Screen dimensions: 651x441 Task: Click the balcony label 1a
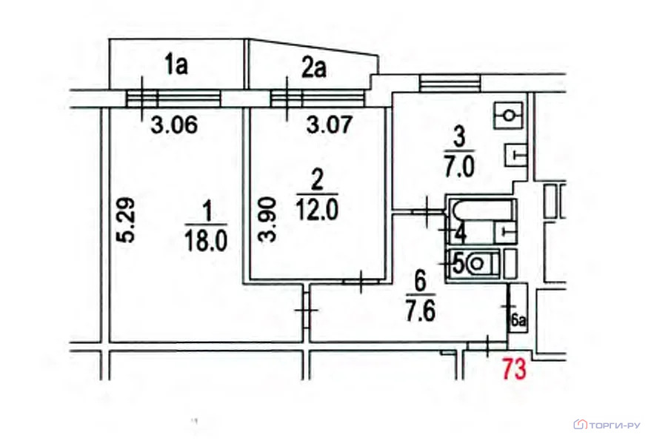pyautogui.click(x=176, y=66)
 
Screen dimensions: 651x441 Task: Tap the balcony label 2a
pyautogui.click(x=313, y=68)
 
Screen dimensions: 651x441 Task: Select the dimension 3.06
pyautogui.click(x=174, y=125)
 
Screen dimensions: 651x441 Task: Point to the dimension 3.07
pyautogui.click(x=330, y=125)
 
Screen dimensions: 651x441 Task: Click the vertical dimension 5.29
pyautogui.click(x=126, y=219)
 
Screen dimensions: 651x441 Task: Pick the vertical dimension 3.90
pyautogui.click(x=267, y=220)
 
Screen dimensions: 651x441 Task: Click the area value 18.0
pyautogui.click(x=206, y=241)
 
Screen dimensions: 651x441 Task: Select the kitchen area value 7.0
pyautogui.click(x=458, y=168)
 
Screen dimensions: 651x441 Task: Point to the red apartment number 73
pyautogui.click(x=515, y=369)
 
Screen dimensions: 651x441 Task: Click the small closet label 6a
pyautogui.click(x=518, y=321)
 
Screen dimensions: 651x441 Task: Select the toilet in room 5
pyautogui.click(x=482, y=263)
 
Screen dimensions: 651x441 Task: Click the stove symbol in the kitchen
pyautogui.click(x=509, y=115)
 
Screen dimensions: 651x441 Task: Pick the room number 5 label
pyautogui.click(x=458, y=264)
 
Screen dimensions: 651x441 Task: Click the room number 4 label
pyautogui.click(x=460, y=233)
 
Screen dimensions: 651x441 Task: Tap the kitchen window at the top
pyautogui.click(x=450, y=83)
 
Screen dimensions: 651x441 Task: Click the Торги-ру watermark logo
pyautogui.click(x=607, y=425)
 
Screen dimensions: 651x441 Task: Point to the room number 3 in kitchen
pyautogui.click(x=459, y=139)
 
